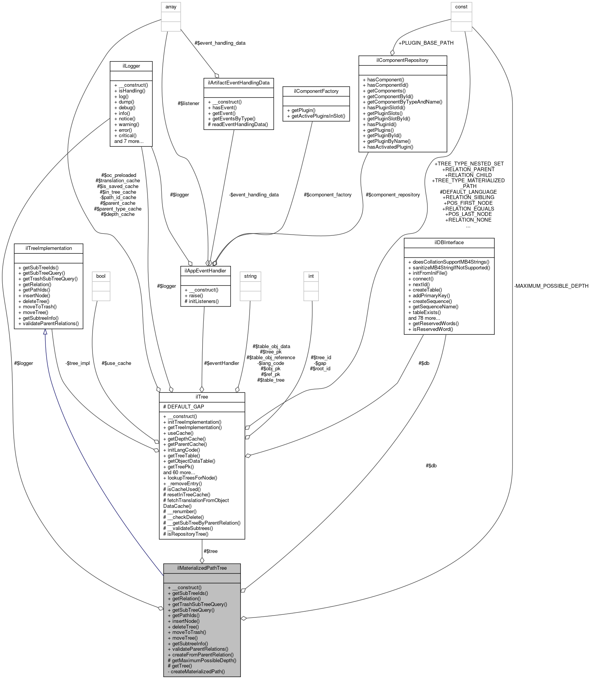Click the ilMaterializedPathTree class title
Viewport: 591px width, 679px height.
pos(202,568)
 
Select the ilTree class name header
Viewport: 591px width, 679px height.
pos(202,397)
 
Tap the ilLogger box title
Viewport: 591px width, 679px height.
pos(131,66)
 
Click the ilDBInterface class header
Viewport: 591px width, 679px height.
pos(449,242)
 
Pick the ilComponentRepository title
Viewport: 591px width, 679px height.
pos(403,60)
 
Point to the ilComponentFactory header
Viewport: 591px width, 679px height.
pos(316,91)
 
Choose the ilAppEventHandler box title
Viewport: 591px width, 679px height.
pos(205,271)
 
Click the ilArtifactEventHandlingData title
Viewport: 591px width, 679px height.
pos(239,83)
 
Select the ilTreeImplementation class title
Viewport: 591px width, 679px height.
pos(49,248)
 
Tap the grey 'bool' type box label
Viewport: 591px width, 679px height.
pos(101,276)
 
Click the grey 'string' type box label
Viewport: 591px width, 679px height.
pos(250,276)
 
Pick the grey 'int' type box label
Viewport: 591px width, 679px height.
pos(311,276)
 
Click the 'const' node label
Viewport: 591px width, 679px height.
pos(461,6)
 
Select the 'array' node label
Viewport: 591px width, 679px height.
pos(171,6)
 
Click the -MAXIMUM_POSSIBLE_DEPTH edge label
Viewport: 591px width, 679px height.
pos(551,286)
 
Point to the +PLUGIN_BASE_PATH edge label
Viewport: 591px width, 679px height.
pos(426,43)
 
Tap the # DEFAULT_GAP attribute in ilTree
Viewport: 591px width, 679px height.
pos(184,407)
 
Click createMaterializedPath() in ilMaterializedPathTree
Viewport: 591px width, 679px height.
pos(196,671)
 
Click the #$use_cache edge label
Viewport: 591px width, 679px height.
pos(117,363)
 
